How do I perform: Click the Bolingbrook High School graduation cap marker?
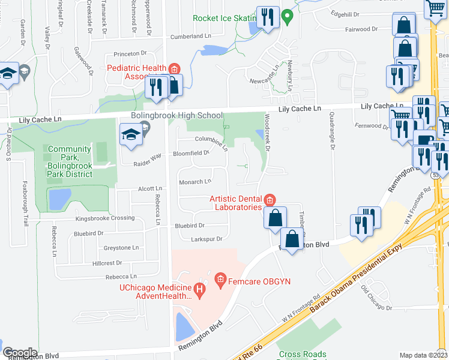tap(130, 134)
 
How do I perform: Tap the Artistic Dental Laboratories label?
tap(235, 203)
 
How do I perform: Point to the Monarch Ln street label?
tap(195, 182)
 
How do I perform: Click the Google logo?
tap(20, 352)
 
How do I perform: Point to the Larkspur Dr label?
tap(206, 239)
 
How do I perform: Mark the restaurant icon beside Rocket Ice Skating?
tap(267, 17)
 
